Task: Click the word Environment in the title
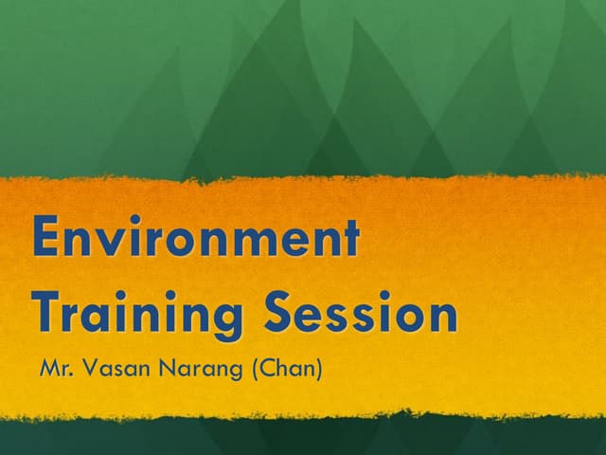coord(196,238)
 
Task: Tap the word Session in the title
coord(361,313)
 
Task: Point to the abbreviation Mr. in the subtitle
coord(55,368)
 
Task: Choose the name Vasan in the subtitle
coord(113,368)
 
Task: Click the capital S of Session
coord(280,313)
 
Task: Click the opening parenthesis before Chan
coord(256,369)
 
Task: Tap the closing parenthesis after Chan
coord(319,369)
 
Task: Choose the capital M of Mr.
coord(48,368)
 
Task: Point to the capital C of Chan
coord(268,368)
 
